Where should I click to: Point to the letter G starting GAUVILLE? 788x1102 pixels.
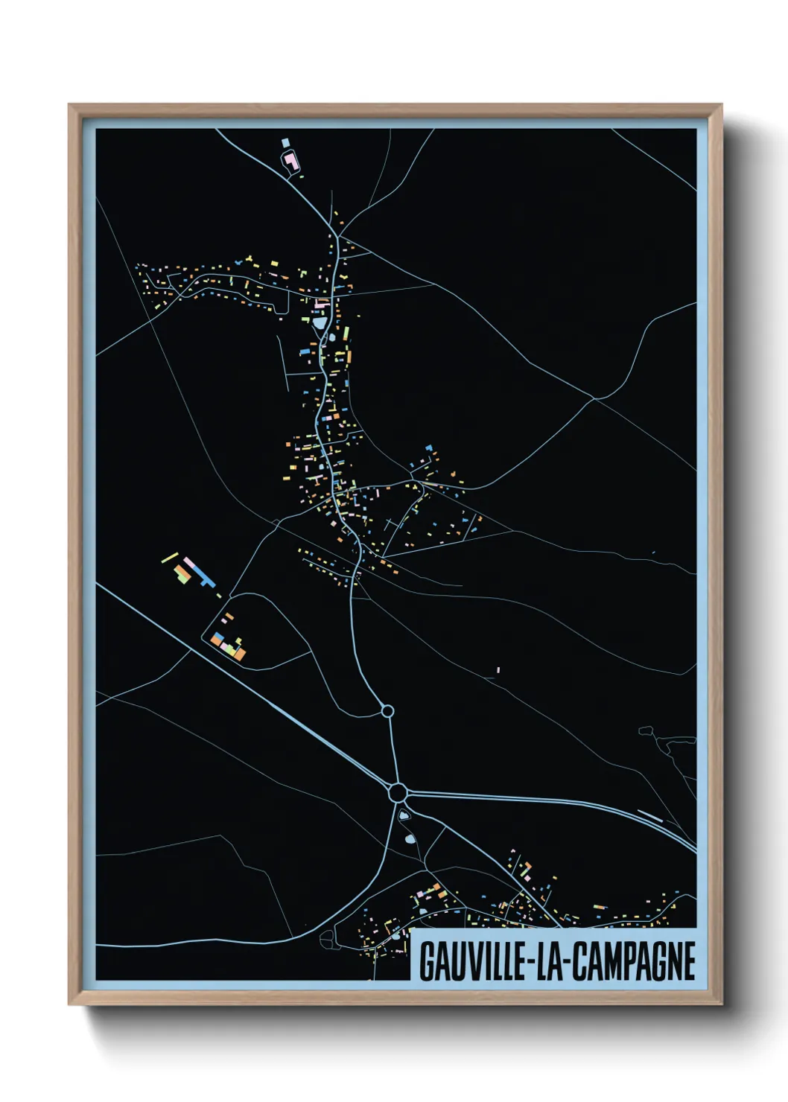(x=427, y=961)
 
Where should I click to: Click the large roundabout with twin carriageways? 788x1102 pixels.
(x=397, y=792)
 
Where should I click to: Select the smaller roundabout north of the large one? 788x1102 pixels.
(x=387, y=712)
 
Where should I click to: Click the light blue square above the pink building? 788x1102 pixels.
(x=285, y=142)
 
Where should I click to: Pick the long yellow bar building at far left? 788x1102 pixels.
(x=171, y=557)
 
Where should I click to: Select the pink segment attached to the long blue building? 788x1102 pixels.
(x=189, y=562)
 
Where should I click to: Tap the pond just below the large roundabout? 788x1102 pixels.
(x=404, y=816)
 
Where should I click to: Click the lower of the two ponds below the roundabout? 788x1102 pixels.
(x=409, y=840)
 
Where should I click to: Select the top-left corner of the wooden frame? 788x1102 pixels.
(x=69, y=105)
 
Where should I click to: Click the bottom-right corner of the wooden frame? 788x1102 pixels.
(x=721, y=1005)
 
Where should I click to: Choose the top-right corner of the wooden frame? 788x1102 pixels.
(x=721, y=105)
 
